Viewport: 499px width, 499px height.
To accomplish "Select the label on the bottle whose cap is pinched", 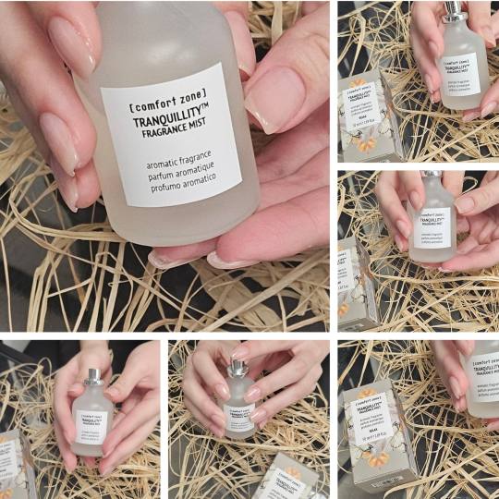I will click(239, 417).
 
